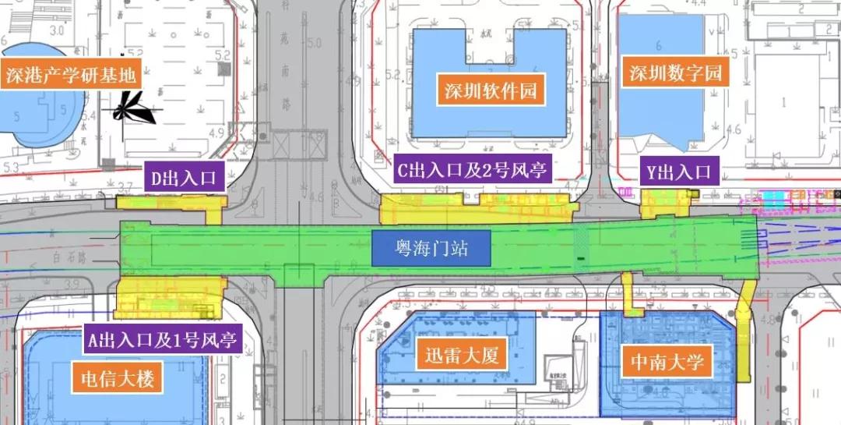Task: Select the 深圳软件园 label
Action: (491, 90)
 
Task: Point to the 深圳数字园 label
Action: (676, 74)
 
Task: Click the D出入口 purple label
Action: (182, 178)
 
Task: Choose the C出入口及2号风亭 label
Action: (473, 170)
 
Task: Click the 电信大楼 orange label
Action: (121, 379)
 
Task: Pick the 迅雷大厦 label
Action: (461, 356)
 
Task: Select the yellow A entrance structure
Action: (164, 297)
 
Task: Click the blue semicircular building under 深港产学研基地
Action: (39, 117)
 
